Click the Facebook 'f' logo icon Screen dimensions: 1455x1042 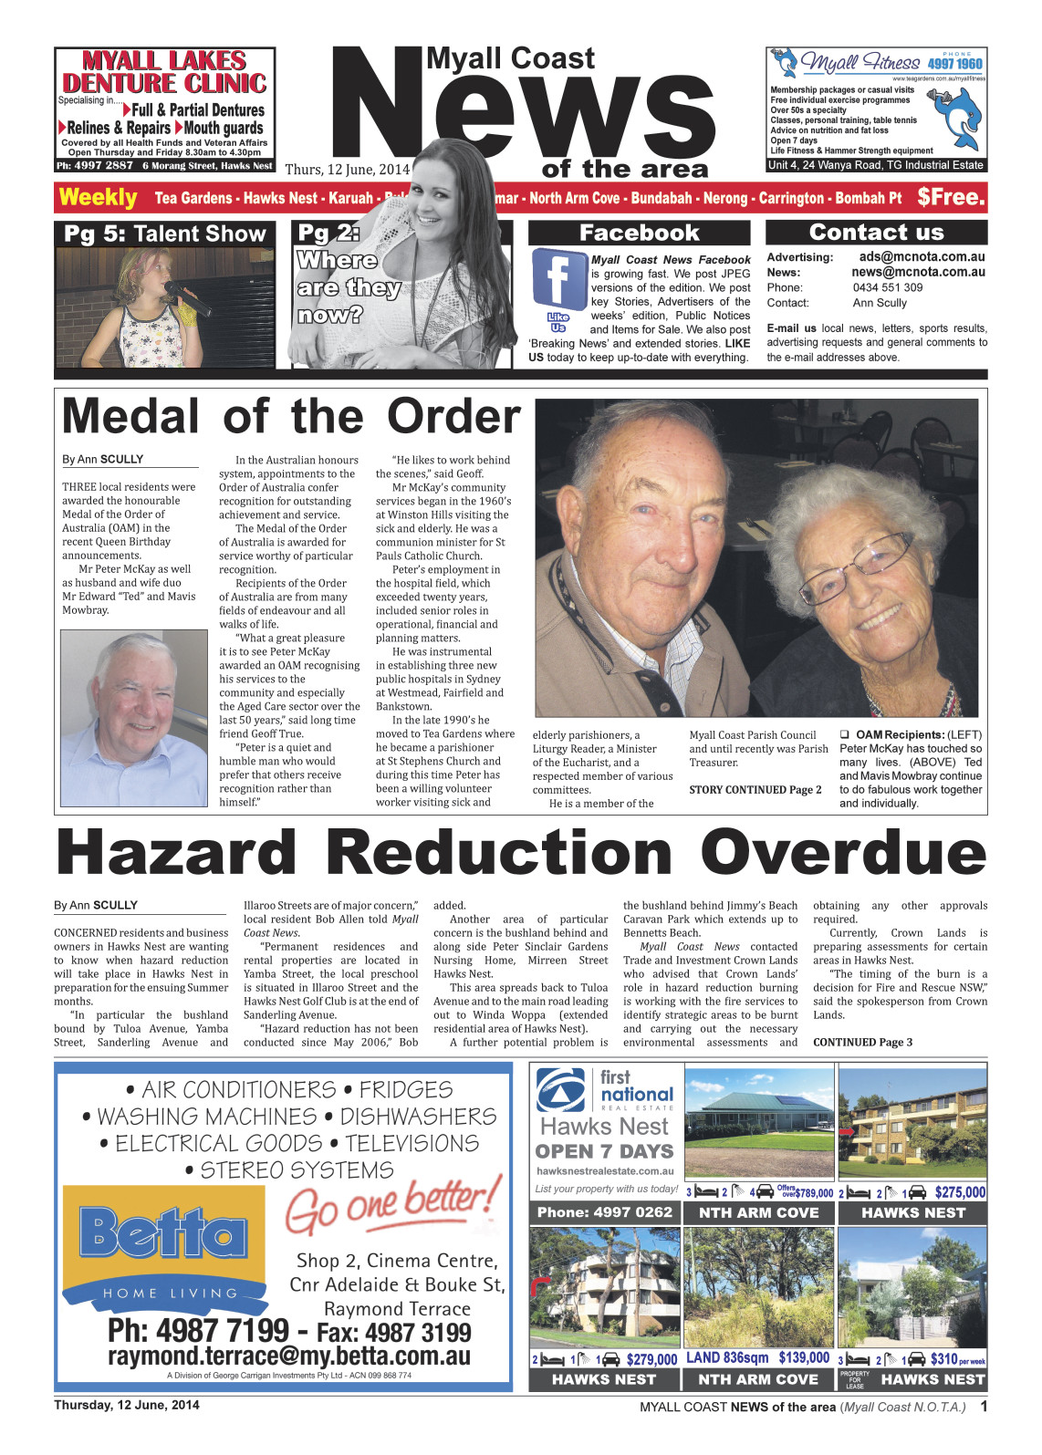pos(559,278)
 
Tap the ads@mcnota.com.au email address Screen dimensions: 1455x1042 pos(922,257)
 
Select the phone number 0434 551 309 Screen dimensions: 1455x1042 pos(887,287)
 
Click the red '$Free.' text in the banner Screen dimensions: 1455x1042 pos(951,197)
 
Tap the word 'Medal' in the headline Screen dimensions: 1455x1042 pos(130,417)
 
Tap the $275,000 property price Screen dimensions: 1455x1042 pos(959,1192)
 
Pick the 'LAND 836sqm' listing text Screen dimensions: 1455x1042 pos(727,1358)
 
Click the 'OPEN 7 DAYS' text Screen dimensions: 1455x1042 pos(604,1151)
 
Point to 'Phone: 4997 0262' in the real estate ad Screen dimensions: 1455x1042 pos(604,1212)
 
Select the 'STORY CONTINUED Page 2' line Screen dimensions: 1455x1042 pos(755,790)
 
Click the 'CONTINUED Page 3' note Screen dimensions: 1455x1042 pos(862,1043)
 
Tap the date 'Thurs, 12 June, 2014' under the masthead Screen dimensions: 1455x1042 pos(348,170)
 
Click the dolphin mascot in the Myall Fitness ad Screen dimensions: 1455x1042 pos(960,114)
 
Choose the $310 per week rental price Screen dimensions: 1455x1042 pos(957,1359)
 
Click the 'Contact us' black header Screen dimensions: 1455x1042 pos(876,233)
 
